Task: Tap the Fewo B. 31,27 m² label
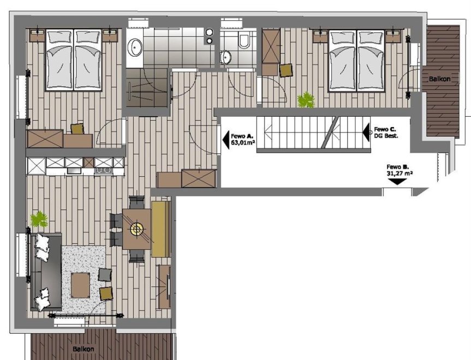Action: point(399,170)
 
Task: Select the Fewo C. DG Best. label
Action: point(386,133)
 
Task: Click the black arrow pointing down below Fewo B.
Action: point(397,182)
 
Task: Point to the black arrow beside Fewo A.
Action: point(225,140)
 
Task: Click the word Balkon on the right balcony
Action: point(439,79)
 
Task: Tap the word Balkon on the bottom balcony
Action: point(83,349)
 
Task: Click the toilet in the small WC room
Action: point(243,41)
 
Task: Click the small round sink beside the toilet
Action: point(225,56)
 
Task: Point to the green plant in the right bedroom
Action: point(306,100)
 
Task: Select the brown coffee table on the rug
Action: point(81,285)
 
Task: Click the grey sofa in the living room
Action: point(46,272)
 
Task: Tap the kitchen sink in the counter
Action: point(74,171)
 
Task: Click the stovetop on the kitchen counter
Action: point(104,171)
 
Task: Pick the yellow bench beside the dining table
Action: point(159,230)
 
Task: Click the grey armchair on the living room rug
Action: point(105,274)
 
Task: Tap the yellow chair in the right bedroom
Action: point(285,70)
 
